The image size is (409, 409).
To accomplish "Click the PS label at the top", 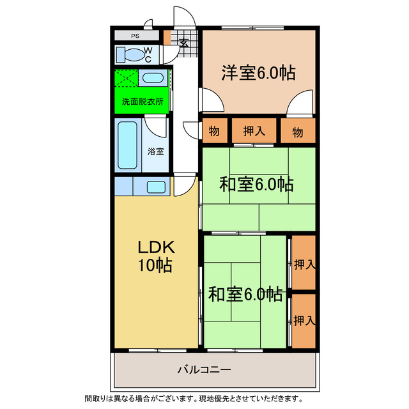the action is coord(135,36).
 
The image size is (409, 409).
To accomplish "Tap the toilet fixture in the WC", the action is coord(130,55).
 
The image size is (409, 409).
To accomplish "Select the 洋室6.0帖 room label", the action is coord(258,72).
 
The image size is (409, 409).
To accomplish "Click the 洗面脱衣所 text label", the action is coord(143,102).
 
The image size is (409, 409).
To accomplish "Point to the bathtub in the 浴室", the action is coord(128,145).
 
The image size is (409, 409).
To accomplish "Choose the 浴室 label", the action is coord(156,151).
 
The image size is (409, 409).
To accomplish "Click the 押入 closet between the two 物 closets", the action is coord(254,130).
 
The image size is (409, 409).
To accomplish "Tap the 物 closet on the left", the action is coord(215,130).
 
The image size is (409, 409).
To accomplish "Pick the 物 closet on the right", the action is coord(298,130).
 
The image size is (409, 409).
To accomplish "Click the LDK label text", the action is coord(156,247).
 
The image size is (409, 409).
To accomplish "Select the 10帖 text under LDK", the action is coord(155,265).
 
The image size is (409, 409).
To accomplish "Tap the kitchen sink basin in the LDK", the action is coord(156,187).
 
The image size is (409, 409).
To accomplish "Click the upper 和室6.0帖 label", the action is coord(256,184).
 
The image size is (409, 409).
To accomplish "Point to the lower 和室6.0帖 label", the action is coord(245,295).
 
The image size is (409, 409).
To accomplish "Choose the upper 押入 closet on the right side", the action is coord(304,263).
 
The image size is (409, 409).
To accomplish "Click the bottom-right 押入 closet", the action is coord(304,321).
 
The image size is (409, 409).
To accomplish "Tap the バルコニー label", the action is coord(204,369).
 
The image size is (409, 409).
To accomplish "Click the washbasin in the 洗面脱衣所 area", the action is coord(153,78).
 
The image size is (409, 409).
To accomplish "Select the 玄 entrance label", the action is coord(185,43).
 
